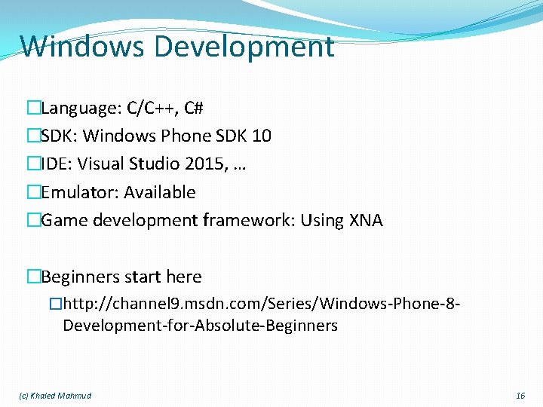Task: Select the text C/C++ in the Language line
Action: coord(146,108)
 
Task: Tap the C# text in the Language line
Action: coord(193,108)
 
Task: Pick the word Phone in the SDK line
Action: coord(182,136)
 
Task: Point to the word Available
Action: coord(159,192)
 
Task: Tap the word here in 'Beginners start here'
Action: coord(184,277)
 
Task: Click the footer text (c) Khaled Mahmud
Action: coord(54,396)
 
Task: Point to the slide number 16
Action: coord(520,396)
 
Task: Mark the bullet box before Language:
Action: coord(33,109)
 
